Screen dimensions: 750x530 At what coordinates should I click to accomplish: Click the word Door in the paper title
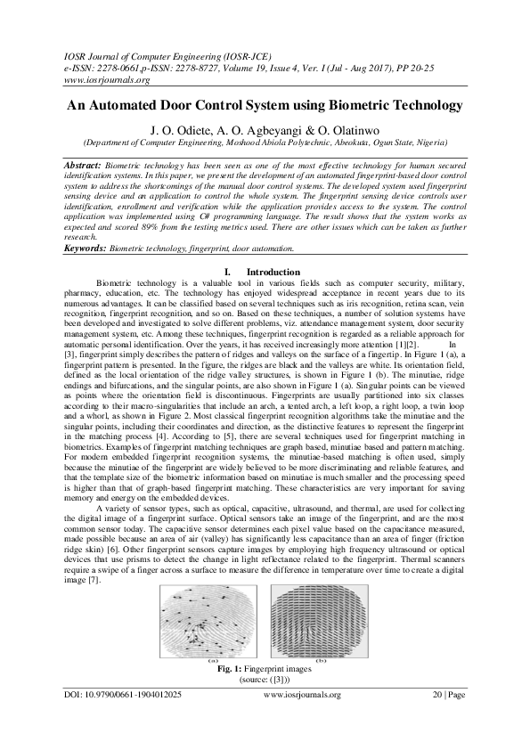pyautogui.click(x=177, y=105)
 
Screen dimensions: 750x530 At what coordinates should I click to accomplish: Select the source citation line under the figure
pyautogui.click(x=265, y=679)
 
